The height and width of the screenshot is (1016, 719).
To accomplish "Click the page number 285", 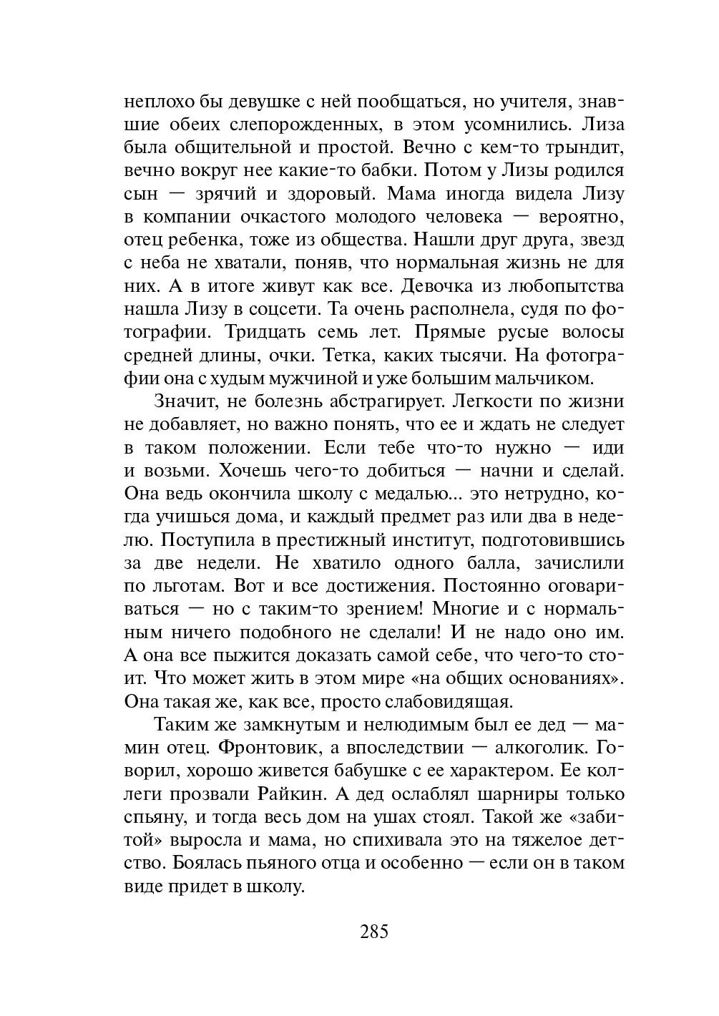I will tap(374, 932).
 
